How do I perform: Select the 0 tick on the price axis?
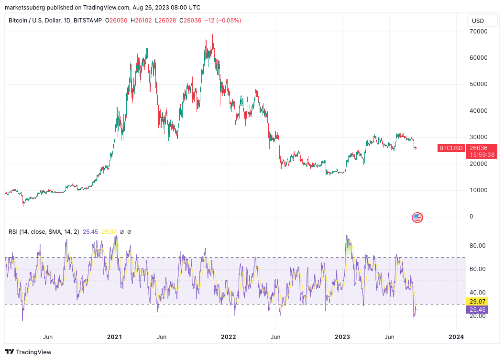(471, 217)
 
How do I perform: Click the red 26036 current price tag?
(482, 148)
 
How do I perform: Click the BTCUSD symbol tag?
(451, 148)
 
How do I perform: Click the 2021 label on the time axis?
(115, 337)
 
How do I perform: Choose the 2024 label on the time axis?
(456, 337)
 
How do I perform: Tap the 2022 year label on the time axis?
(229, 337)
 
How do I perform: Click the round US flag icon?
(417, 218)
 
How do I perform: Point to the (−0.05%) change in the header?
(227, 21)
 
